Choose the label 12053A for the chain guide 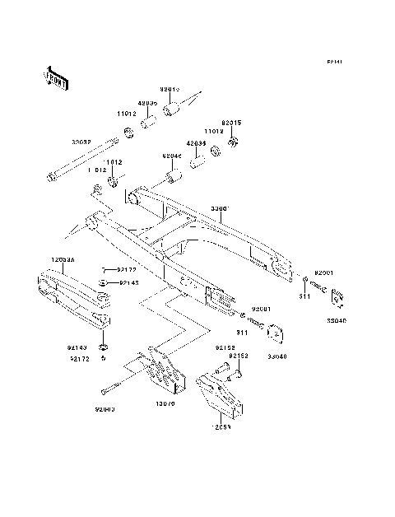[64, 258]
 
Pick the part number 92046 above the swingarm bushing [171, 156]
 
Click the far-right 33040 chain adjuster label [337, 323]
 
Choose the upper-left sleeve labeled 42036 [148, 104]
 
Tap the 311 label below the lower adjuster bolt [242, 333]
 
